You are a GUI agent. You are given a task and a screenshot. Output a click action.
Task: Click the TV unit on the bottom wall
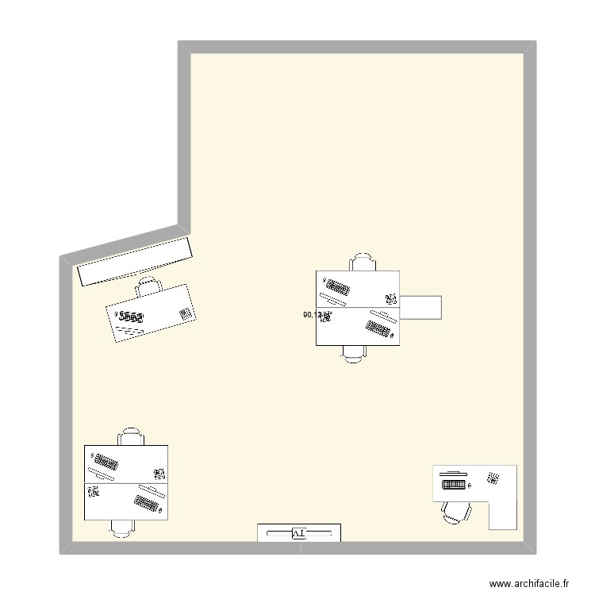click(x=299, y=532)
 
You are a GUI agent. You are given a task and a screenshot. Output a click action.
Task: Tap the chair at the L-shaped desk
click(x=455, y=512)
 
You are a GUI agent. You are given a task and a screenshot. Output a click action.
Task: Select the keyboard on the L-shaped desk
click(x=453, y=483)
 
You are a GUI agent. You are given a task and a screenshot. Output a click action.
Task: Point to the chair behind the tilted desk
click(x=148, y=286)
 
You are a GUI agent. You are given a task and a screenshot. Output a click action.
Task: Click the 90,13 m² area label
click(x=317, y=315)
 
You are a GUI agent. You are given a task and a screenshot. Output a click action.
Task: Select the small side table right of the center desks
click(x=420, y=306)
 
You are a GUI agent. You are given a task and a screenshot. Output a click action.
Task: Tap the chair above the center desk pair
click(x=363, y=263)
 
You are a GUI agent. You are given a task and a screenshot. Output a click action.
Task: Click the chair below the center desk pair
click(x=354, y=353)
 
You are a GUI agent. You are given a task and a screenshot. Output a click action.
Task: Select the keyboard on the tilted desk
click(x=132, y=318)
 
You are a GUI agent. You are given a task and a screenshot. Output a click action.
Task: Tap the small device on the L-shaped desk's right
click(x=493, y=478)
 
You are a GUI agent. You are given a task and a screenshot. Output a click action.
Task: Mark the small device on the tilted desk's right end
click(x=186, y=313)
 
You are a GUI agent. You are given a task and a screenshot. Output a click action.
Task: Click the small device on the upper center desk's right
click(x=390, y=299)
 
